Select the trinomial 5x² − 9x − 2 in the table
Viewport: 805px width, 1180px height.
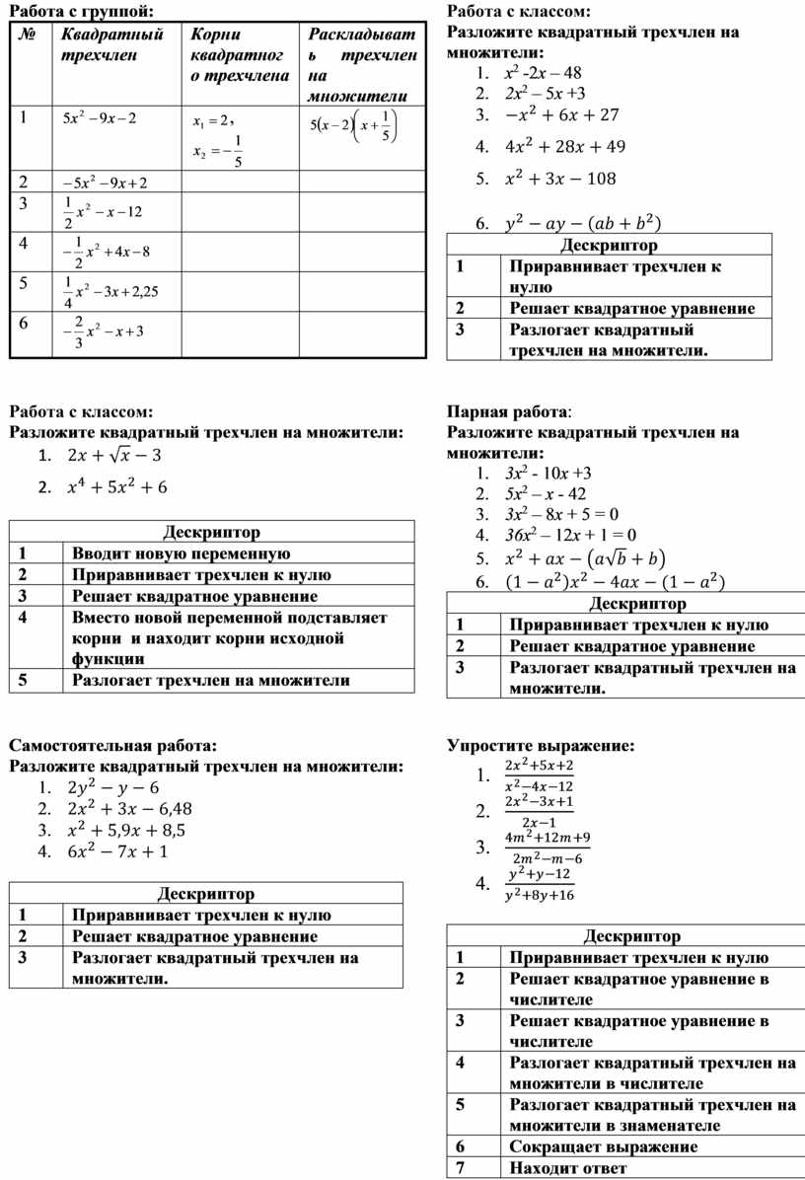point(99,119)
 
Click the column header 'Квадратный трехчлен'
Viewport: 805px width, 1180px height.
point(111,45)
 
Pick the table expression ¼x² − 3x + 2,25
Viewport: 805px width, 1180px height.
point(109,291)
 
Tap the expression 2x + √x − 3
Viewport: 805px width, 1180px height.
point(112,455)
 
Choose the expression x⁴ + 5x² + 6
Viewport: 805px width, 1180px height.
point(116,486)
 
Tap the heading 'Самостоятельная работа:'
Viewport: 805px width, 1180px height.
point(110,746)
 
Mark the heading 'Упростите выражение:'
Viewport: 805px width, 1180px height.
point(540,746)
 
